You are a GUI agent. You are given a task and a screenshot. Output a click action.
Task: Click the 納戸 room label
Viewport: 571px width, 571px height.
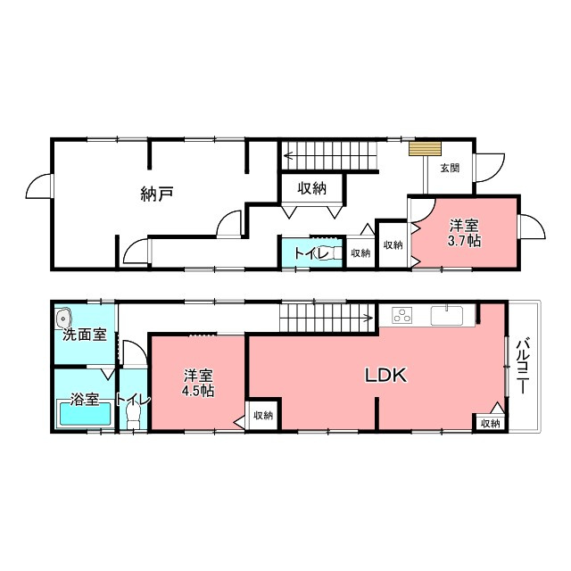(x=157, y=194)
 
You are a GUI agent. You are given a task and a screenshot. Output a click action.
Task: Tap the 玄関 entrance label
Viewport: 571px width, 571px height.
(x=450, y=168)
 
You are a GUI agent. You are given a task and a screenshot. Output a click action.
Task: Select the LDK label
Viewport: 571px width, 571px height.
(x=386, y=375)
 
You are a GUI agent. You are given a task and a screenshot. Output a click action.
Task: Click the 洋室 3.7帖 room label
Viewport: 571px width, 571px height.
(x=464, y=233)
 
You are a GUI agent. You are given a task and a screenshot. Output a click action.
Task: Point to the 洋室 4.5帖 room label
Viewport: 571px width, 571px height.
(x=198, y=383)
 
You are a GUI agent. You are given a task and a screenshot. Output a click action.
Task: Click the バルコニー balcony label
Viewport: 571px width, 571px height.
(x=523, y=366)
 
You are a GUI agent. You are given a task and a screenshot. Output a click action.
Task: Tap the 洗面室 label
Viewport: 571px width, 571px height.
(x=85, y=335)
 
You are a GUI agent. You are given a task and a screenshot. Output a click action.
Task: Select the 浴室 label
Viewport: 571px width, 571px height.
(x=85, y=400)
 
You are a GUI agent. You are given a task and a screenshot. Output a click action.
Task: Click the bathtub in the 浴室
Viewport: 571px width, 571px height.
(x=86, y=414)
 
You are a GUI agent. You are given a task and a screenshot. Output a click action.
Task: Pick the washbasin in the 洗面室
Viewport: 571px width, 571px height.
(x=63, y=319)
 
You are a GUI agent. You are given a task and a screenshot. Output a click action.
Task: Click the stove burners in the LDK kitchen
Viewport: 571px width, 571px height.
(x=402, y=316)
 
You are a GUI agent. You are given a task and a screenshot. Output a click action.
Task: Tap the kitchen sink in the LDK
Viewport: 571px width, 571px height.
(x=447, y=315)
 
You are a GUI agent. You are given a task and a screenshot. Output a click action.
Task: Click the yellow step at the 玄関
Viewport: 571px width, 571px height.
(x=425, y=149)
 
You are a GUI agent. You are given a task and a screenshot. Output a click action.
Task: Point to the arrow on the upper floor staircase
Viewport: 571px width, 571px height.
(x=329, y=156)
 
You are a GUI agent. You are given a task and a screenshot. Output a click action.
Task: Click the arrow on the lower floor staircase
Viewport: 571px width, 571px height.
(x=327, y=318)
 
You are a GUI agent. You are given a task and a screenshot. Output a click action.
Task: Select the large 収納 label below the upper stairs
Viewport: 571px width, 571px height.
(x=311, y=188)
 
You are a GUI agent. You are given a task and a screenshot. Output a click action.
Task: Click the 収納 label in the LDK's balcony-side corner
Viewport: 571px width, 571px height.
(x=490, y=423)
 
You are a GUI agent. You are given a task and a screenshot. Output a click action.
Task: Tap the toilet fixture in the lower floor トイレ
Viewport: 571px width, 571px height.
(x=133, y=416)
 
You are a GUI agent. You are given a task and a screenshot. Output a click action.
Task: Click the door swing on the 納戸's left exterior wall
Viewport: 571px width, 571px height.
(x=38, y=186)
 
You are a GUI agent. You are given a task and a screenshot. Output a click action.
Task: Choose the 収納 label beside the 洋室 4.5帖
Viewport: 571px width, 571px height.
(x=263, y=415)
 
